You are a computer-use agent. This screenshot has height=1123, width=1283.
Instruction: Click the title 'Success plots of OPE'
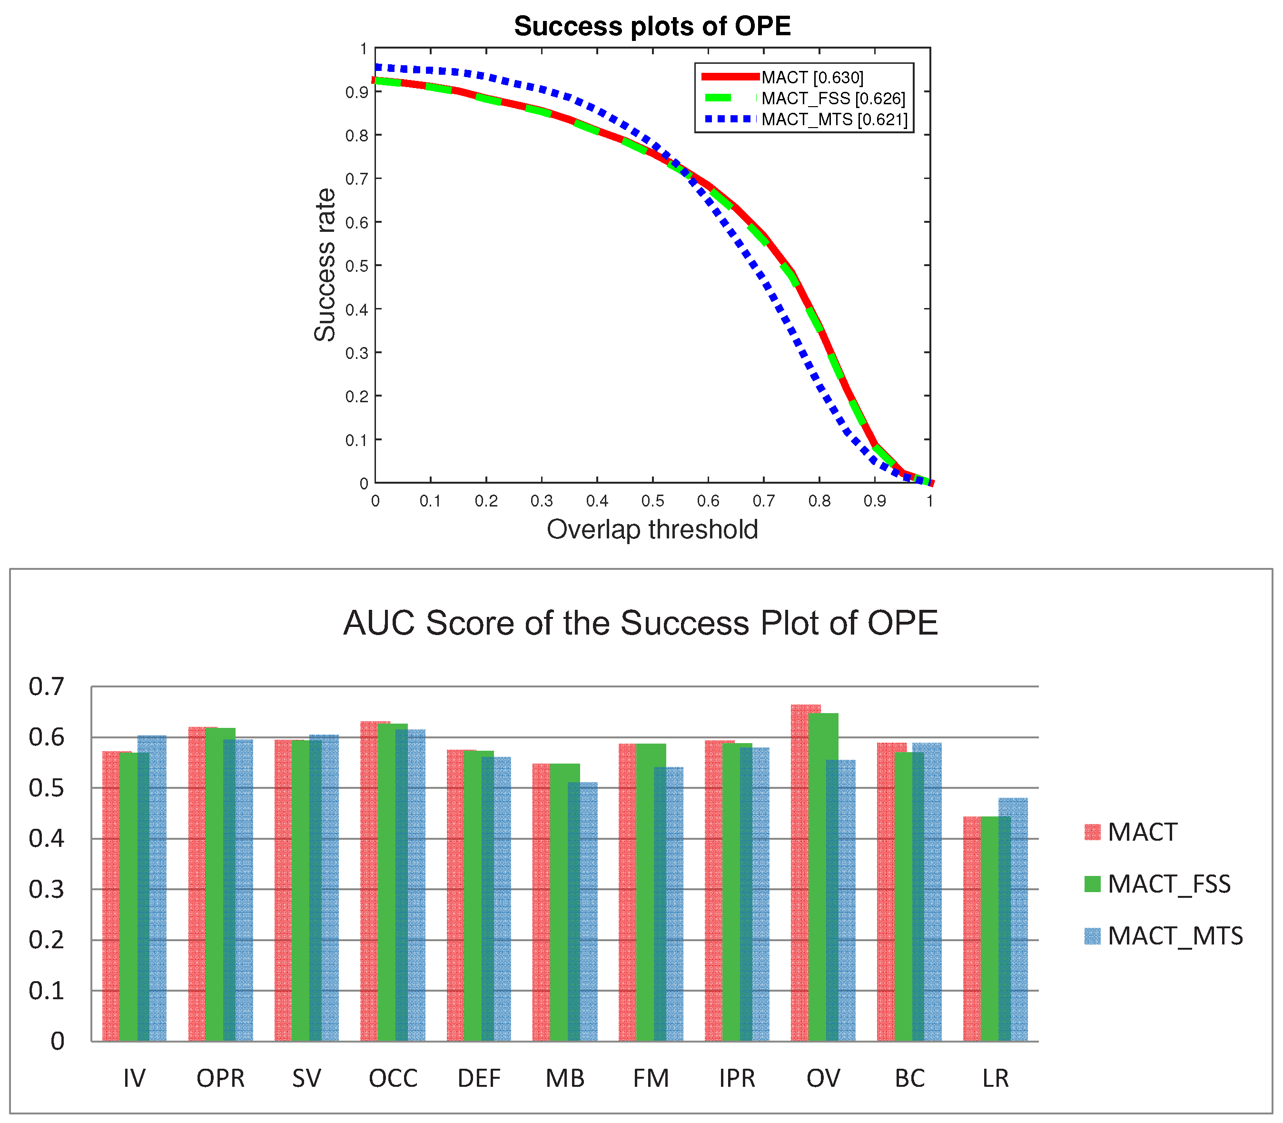(x=652, y=26)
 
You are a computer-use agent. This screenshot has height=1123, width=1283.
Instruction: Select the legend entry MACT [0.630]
(x=812, y=78)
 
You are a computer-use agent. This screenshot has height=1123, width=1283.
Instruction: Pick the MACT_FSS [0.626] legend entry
(x=833, y=99)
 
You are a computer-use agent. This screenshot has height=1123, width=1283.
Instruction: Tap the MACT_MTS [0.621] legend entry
(x=834, y=119)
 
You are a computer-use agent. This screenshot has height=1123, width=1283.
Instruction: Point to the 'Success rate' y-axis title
(x=325, y=265)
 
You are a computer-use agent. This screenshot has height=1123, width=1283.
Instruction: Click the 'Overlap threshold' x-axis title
(x=652, y=529)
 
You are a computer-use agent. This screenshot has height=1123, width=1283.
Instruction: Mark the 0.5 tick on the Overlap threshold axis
(x=653, y=501)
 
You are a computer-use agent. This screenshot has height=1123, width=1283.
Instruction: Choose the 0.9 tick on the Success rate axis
(x=356, y=92)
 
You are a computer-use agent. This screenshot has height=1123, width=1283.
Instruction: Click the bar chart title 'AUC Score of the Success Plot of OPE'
(x=640, y=623)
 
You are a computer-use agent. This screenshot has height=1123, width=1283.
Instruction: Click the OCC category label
(x=393, y=1079)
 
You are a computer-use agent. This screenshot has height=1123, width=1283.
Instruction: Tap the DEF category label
(x=479, y=1079)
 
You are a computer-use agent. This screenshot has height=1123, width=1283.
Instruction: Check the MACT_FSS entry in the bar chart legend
(x=1168, y=884)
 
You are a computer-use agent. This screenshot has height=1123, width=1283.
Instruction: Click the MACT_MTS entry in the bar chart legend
(x=1174, y=936)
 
